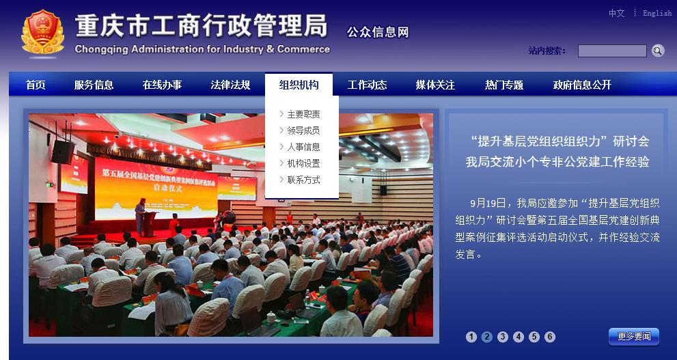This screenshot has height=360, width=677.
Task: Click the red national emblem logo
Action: tap(42, 33)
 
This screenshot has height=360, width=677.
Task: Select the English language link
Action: tap(657, 13)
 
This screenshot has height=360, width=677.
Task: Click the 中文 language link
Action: tap(616, 13)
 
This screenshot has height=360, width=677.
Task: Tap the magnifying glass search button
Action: tap(657, 51)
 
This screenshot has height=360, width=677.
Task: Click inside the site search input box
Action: tap(611, 51)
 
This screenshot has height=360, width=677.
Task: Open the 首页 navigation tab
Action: tap(36, 85)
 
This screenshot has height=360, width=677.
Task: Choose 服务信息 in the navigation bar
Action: tap(94, 85)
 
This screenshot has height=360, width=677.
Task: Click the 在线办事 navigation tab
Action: tap(162, 85)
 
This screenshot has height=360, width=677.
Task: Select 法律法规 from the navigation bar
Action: tap(230, 85)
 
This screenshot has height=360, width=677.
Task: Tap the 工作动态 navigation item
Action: tap(367, 85)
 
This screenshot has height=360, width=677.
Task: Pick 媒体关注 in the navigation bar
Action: tap(435, 85)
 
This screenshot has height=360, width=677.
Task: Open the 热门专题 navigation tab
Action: tap(504, 85)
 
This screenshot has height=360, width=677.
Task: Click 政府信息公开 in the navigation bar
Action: tap(582, 85)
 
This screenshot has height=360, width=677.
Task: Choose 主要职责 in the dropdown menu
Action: tap(303, 114)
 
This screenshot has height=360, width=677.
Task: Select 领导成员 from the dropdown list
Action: tap(303, 130)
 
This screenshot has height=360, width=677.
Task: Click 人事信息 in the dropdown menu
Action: tap(303, 147)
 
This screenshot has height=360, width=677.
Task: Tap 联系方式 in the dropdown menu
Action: tap(303, 180)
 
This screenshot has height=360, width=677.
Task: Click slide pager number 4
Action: tap(519, 337)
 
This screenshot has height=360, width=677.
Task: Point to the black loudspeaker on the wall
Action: tap(63, 151)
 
